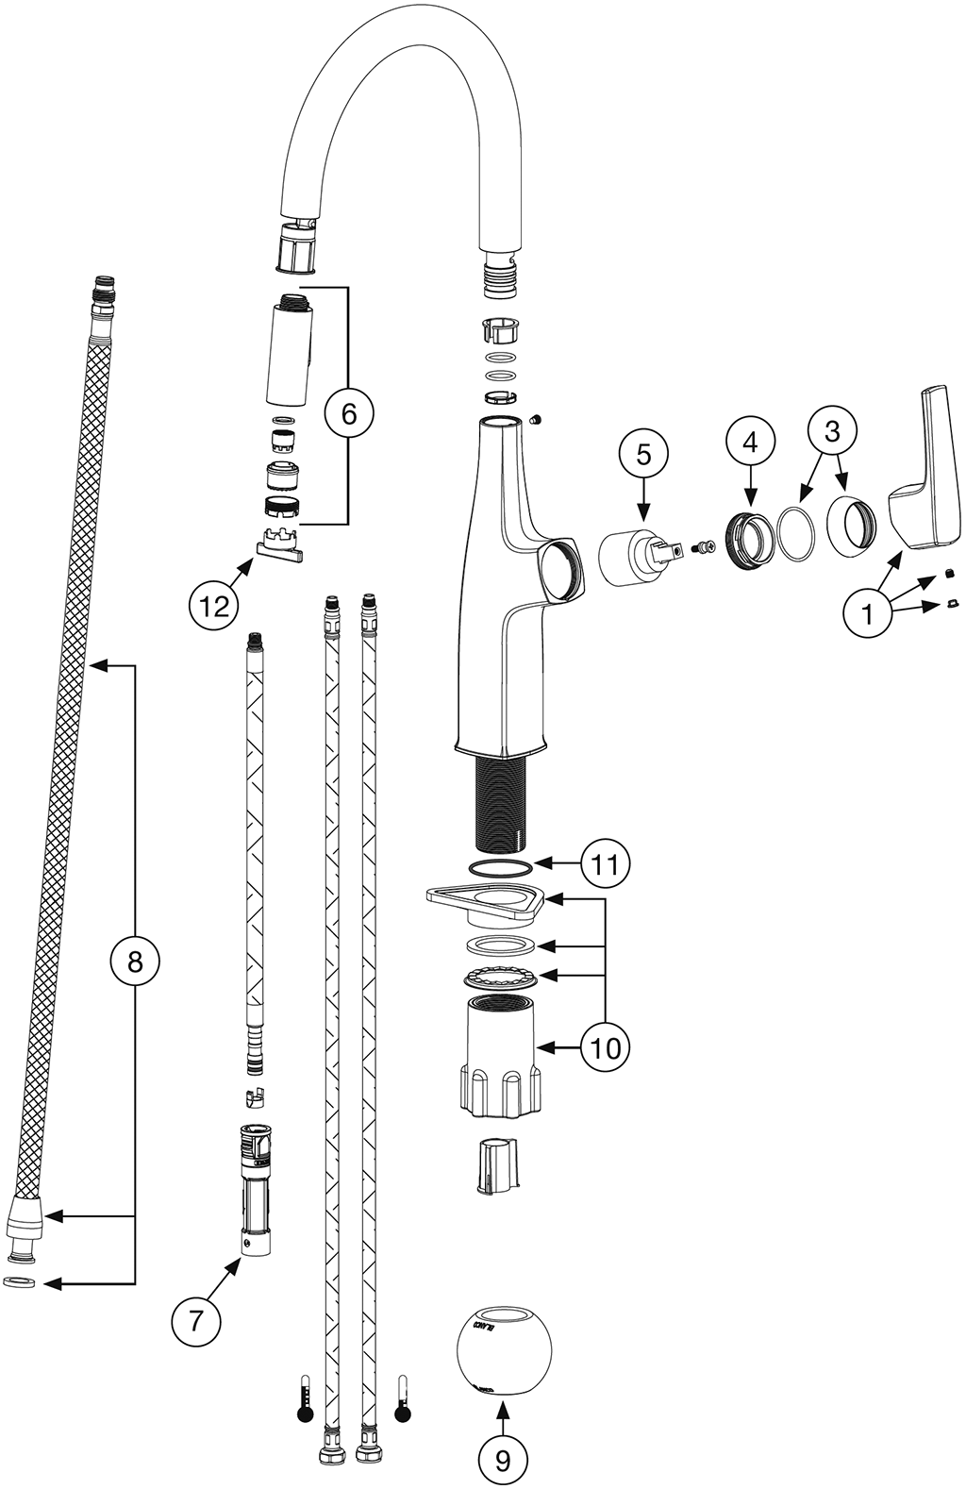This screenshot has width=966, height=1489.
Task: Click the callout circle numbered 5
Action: click(x=643, y=455)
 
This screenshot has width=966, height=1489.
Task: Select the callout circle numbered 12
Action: click(x=214, y=606)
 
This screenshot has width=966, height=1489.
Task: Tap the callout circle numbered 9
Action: click(x=503, y=1460)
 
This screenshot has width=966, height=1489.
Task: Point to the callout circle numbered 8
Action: click(x=135, y=962)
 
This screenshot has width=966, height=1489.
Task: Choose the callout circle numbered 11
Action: click(x=605, y=862)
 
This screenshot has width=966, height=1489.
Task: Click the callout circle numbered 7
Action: click(x=196, y=1320)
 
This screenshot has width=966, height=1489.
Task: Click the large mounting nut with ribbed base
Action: click(x=500, y=1057)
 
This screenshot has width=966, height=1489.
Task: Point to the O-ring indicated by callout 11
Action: click(x=500, y=867)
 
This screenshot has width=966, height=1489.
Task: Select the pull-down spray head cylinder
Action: click(x=290, y=351)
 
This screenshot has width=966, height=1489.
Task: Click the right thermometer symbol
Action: click(x=404, y=1399)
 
